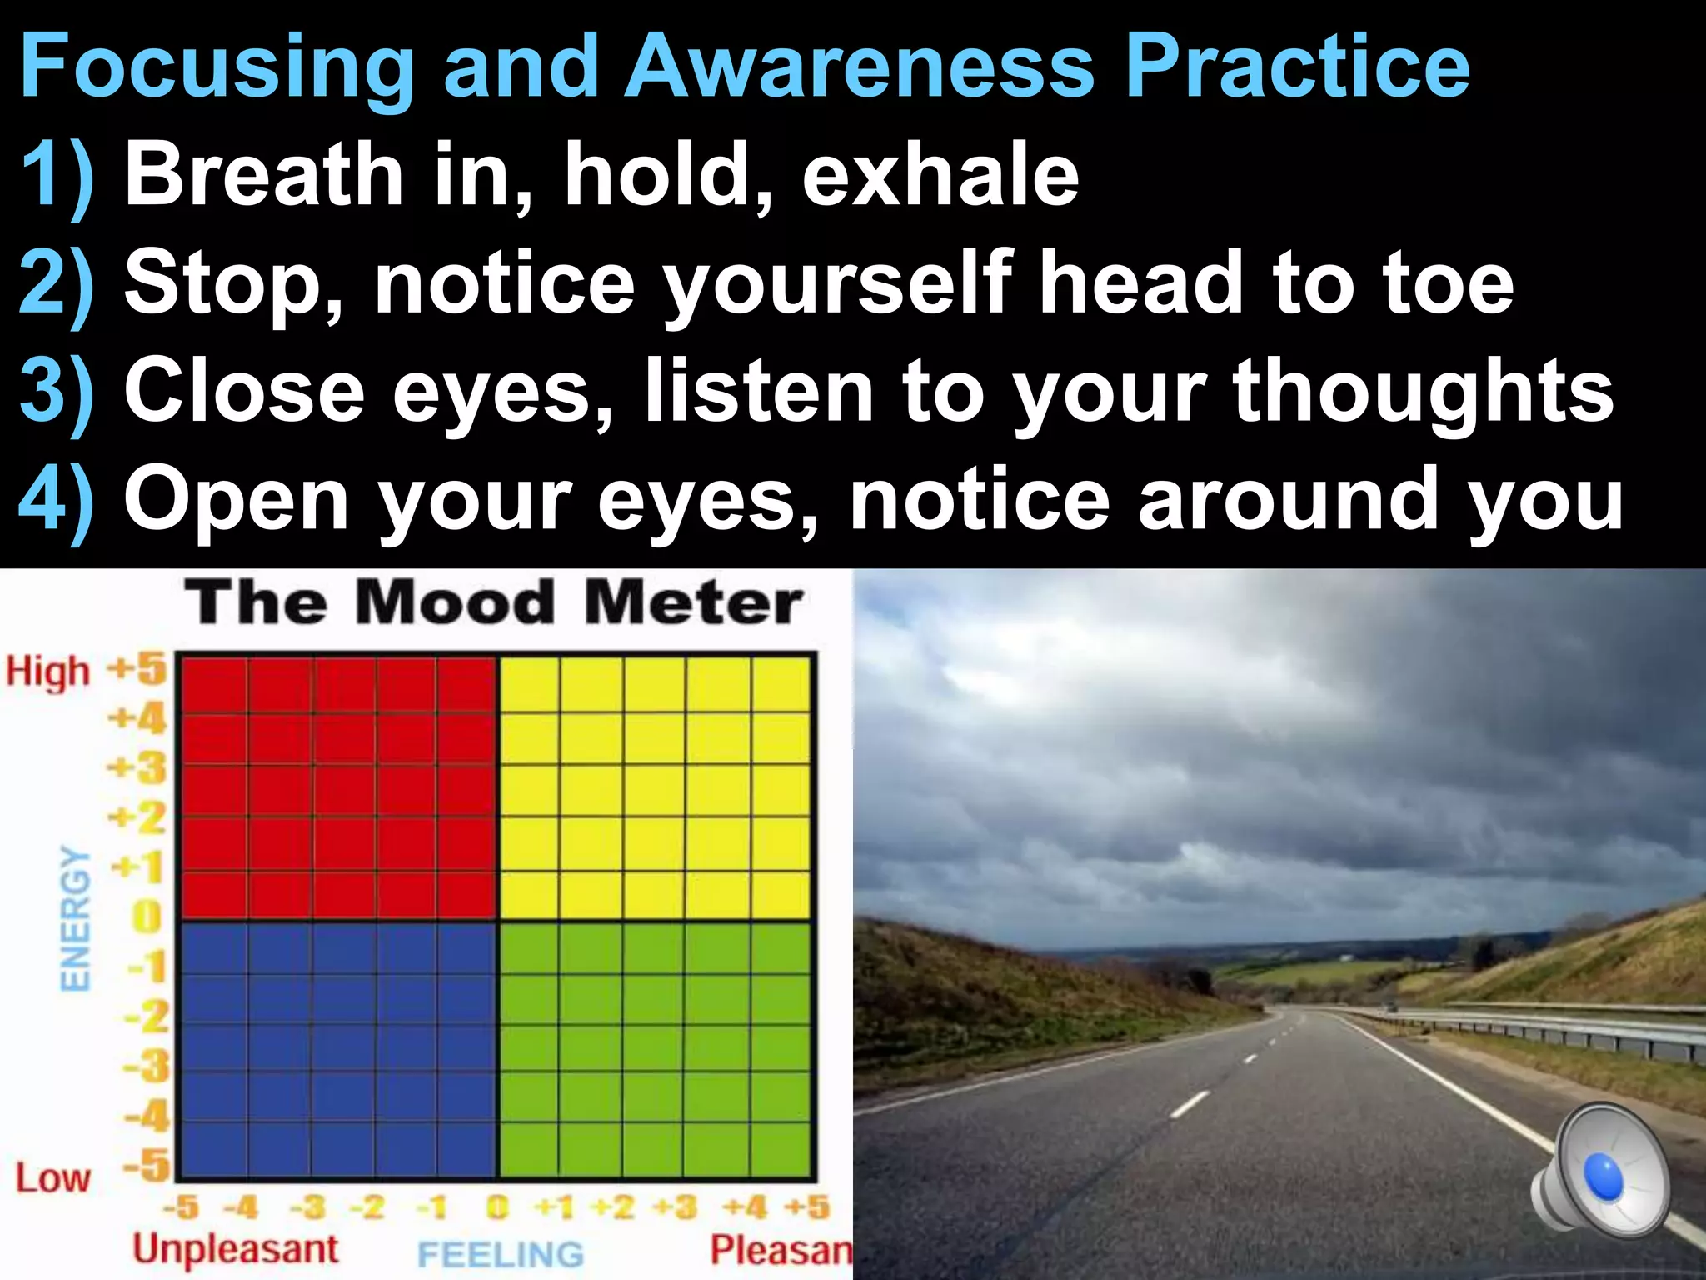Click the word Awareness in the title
858,67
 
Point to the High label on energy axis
47,672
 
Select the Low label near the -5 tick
52,1178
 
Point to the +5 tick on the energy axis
138,669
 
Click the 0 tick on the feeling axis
497,1207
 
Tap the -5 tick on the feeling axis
181,1207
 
